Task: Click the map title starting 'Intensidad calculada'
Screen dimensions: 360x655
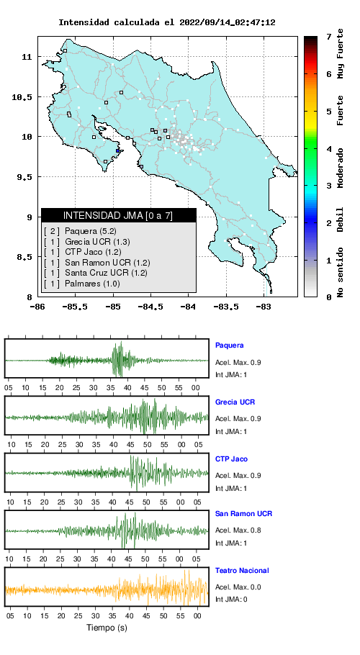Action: coord(166,22)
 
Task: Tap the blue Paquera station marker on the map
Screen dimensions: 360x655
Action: coord(118,151)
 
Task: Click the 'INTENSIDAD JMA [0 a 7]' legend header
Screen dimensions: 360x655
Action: coord(118,215)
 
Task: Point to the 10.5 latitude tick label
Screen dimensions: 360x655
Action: coord(22,97)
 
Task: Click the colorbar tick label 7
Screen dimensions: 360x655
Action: coord(329,37)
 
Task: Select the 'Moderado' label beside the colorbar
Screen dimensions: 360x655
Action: coord(341,168)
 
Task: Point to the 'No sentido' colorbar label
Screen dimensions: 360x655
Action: coord(341,272)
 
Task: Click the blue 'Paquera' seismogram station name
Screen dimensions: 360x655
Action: coord(229,345)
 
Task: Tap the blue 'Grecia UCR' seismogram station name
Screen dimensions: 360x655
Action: coord(235,402)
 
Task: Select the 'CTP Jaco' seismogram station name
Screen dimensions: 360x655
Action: coord(231,459)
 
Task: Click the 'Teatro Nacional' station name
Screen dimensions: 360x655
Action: coord(242,570)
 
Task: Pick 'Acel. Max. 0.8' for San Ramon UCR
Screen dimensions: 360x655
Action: coord(238,530)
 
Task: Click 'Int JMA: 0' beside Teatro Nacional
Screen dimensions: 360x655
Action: coord(231,600)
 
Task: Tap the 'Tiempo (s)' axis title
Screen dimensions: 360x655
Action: coord(107,628)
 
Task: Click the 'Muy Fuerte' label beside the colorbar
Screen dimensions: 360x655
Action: coord(341,53)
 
